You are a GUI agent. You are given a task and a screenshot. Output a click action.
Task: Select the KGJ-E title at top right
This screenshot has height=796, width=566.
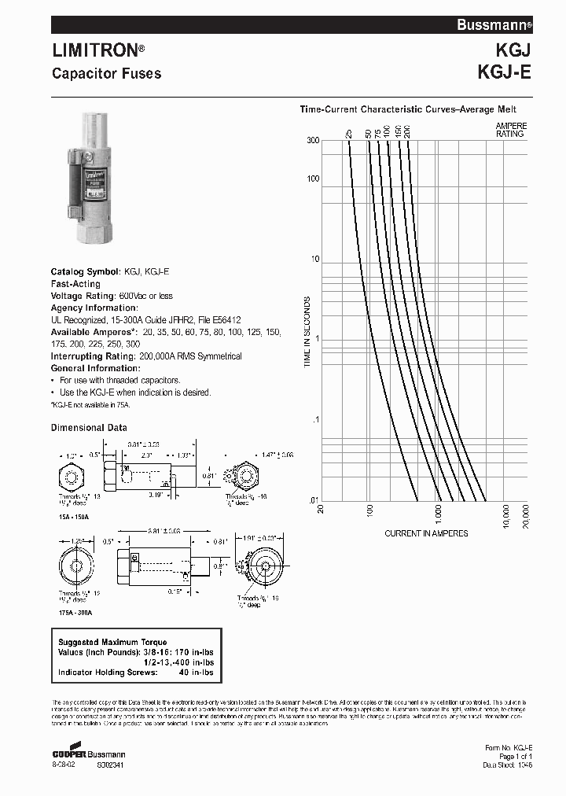click(504, 72)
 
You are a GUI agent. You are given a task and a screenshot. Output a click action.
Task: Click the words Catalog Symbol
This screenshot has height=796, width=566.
click(86, 271)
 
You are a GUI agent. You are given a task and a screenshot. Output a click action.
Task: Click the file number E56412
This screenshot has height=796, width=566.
click(222, 320)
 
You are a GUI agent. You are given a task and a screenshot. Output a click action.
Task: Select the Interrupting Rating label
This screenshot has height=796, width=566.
click(94, 356)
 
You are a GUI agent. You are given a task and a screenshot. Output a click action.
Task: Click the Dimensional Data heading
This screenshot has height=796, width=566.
click(89, 428)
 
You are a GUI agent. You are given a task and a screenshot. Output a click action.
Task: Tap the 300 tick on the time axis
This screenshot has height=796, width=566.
click(313, 140)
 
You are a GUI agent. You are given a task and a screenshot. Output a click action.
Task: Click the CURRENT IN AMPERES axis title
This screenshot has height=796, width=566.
click(426, 533)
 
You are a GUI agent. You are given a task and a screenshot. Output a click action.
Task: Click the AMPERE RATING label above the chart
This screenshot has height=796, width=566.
click(510, 130)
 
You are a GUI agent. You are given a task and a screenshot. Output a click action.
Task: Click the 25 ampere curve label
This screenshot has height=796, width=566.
click(348, 134)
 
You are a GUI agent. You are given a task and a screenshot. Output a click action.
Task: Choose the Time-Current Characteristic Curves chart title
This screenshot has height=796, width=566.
click(408, 110)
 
